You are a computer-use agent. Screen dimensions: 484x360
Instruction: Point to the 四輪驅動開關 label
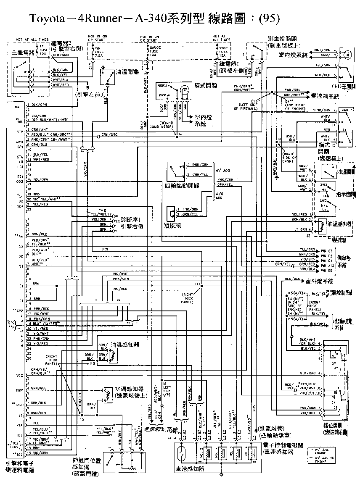pyautogui.click(x=183, y=185)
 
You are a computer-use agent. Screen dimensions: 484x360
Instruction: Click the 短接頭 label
pyautogui.click(x=172, y=225)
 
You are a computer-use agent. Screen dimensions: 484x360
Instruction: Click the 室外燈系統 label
pyautogui.click(x=319, y=281)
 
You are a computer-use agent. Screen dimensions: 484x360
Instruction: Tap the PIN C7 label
pyautogui.click(x=327, y=251)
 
